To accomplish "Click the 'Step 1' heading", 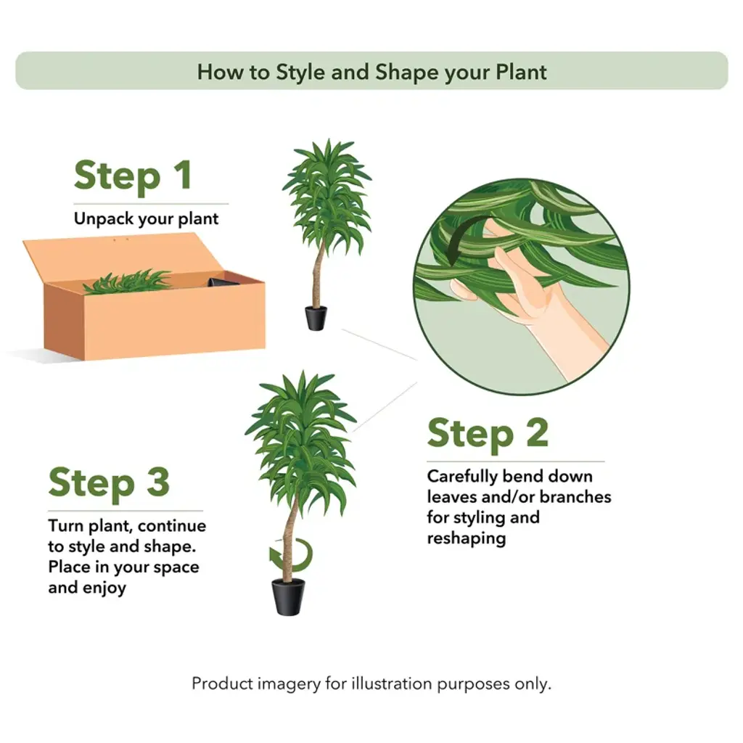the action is click(x=134, y=176).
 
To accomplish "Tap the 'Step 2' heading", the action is click(x=488, y=434).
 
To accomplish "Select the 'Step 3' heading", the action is click(x=109, y=483).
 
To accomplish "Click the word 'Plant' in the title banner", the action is click(x=521, y=72).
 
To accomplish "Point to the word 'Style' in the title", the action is click(x=300, y=73).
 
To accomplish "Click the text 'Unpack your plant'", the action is click(x=146, y=219).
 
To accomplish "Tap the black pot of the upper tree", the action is click(x=316, y=318).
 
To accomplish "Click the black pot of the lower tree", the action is click(x=288, y=596).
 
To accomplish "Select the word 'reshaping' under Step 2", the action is click(x=467, y=538).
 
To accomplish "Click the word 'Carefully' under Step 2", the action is click(x=462, y=477).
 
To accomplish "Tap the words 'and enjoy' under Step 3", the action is click(x=87, y=588).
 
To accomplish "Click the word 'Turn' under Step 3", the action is click(x=66, y=525).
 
